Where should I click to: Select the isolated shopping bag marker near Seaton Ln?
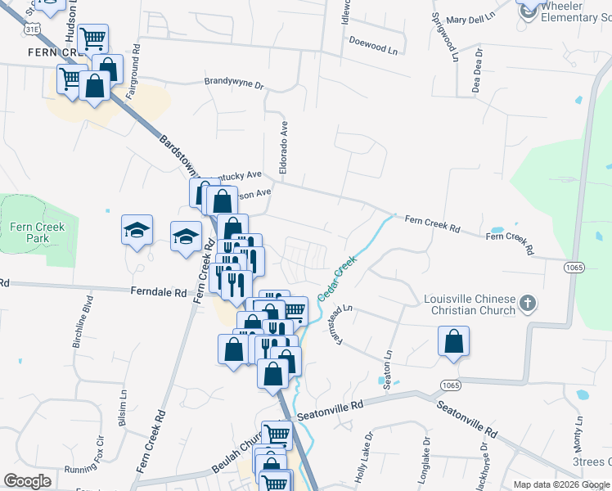(453, 342)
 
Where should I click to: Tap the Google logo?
(27, 480)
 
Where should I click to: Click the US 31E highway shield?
(31, 29)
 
